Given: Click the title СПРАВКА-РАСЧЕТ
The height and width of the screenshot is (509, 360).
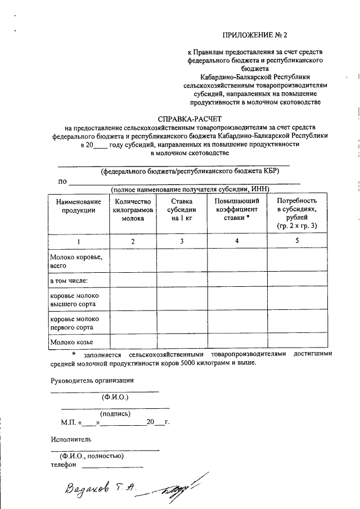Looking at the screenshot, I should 190,119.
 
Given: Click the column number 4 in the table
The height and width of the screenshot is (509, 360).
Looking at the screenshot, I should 237,241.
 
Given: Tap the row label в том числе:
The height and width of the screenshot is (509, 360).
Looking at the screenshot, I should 69,280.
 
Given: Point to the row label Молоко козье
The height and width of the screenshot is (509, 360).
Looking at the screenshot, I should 71,341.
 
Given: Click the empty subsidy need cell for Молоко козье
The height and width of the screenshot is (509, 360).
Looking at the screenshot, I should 297,341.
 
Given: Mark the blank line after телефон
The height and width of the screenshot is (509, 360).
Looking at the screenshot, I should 112,466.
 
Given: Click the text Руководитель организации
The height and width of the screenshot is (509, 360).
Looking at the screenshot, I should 92,380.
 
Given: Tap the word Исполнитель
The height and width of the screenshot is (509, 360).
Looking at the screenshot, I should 70,439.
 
